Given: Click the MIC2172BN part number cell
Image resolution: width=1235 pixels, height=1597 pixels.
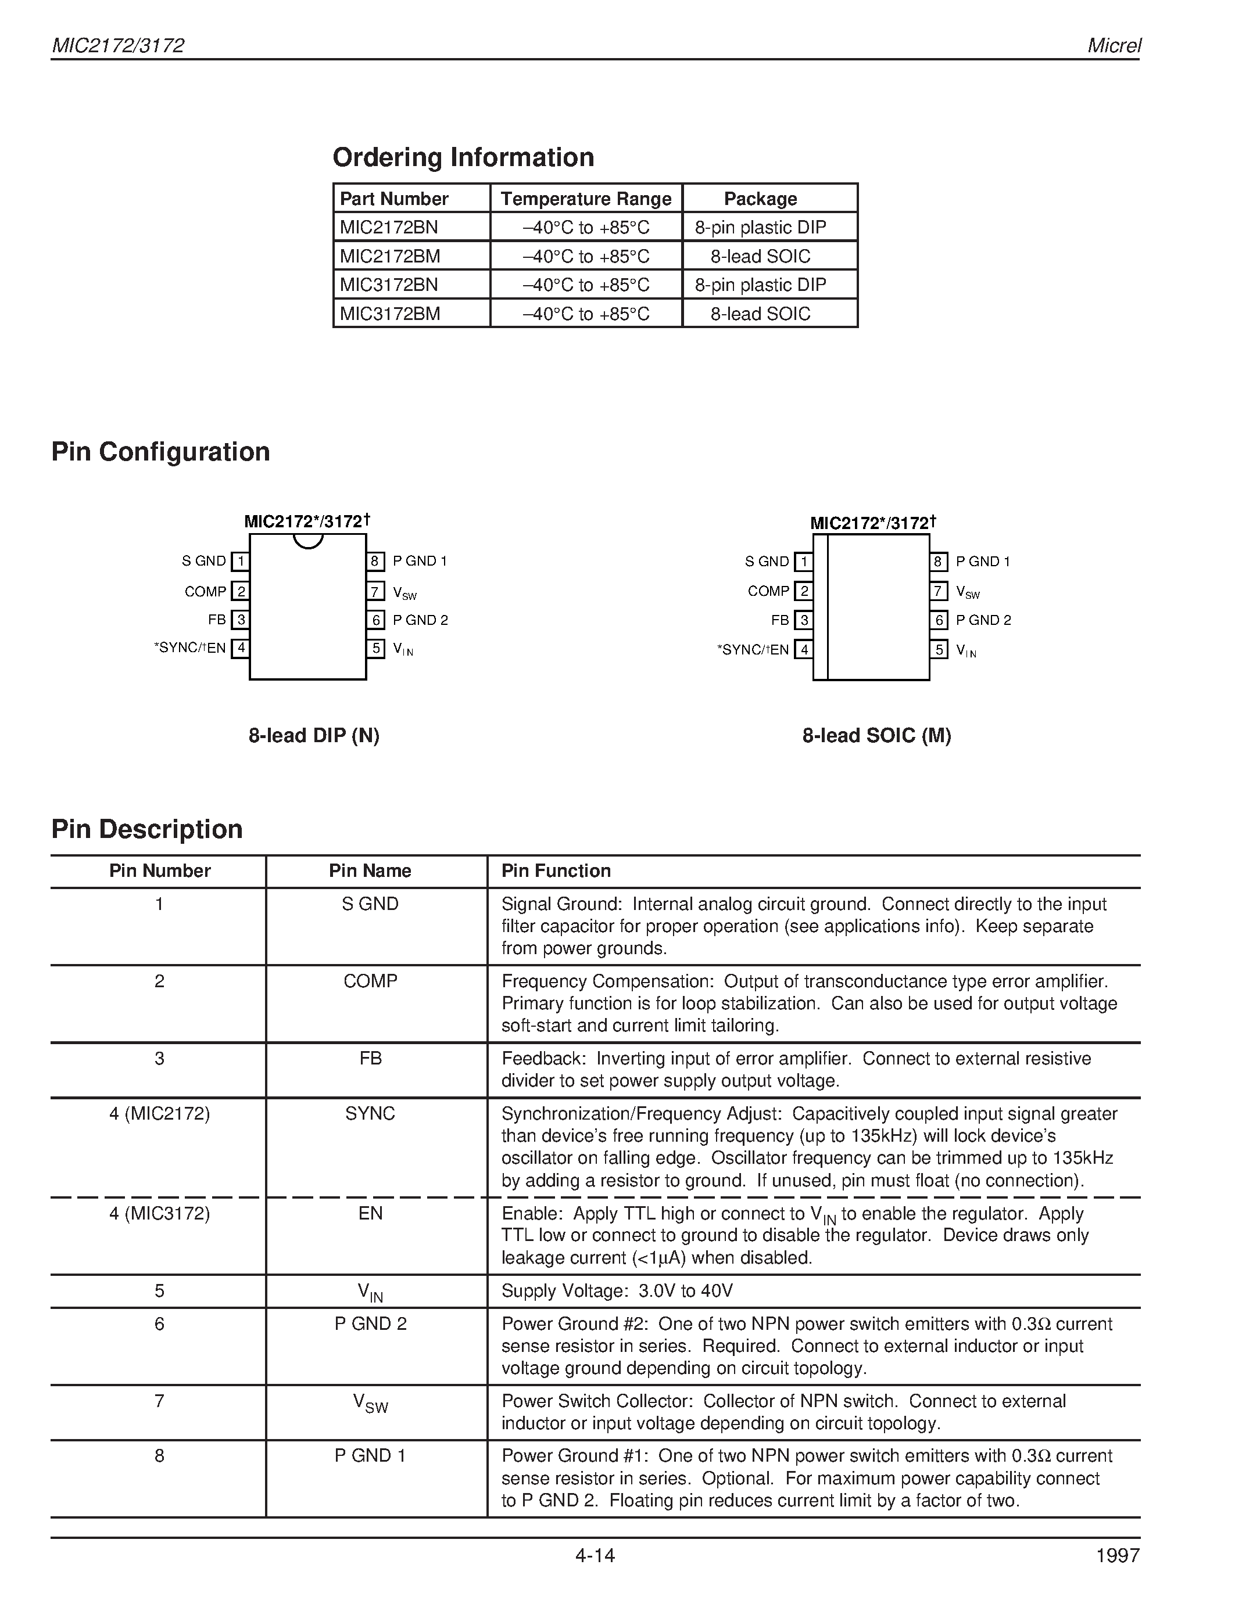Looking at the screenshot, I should [389, 228].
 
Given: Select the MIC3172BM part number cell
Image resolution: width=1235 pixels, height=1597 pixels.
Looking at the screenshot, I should [390, 314].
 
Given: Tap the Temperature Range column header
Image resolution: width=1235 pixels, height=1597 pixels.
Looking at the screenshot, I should [585, 199].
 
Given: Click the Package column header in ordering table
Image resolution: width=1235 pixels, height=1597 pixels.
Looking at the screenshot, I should [760, 199].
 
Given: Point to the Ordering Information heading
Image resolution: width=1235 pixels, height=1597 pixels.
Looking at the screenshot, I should [463, 157].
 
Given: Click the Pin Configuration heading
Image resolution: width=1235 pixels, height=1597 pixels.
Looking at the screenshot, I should [160, 452].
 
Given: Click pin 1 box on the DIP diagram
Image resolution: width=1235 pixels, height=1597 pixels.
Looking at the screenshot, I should [240, 562].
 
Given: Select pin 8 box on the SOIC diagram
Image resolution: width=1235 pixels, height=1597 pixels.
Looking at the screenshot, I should [938, 562].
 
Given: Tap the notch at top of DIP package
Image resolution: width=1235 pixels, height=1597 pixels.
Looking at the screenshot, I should [308, 541].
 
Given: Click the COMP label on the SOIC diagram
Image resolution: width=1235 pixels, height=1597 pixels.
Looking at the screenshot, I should [768, 591].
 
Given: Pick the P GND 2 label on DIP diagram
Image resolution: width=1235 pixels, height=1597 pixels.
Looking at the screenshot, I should [420, 620].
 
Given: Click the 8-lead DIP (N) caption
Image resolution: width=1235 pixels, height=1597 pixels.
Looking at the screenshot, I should [314, 736].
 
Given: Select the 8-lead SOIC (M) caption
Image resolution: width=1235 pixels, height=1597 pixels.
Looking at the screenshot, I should [876, 736].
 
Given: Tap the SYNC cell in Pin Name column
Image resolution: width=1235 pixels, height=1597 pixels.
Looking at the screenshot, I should [370, 1114].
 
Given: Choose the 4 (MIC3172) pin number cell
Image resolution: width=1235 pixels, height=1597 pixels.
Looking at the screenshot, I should [159, 1214].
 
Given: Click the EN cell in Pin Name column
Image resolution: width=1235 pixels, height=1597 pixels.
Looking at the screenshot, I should [370, 1214].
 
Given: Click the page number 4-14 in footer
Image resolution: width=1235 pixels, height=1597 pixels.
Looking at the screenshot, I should [595, 1555].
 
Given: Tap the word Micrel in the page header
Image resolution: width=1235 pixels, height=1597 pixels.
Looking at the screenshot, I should [1114, 45].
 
